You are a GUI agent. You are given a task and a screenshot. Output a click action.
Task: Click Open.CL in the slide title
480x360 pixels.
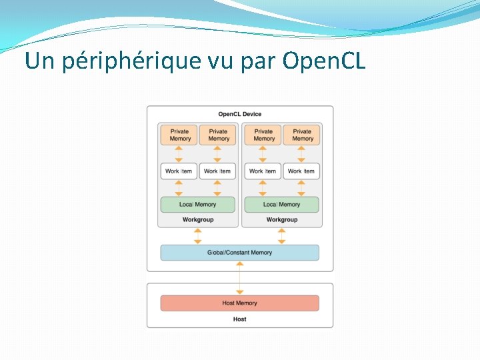click(324, 61)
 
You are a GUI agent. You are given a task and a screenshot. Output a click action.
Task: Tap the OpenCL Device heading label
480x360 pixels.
click(240, 114)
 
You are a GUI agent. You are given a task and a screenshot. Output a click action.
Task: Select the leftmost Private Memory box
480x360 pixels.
click(179, 135)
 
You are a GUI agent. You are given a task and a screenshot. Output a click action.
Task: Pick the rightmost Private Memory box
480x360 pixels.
click(302, 135)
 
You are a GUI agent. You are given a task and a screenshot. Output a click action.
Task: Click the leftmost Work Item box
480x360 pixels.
click(179, 171)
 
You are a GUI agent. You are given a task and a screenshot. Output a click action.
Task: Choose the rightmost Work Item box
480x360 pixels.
click(301, 171)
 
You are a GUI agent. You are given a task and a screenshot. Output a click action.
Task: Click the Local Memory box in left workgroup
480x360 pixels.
click(197, 205)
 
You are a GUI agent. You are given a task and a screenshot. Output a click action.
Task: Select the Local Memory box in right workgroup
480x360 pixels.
click(281, 205)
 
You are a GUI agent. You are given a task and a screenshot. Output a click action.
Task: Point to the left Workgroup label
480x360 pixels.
click(197, 219)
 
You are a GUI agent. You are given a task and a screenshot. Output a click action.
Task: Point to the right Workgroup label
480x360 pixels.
click(281, 219)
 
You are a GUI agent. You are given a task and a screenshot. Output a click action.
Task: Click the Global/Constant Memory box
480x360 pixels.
click(240, 253)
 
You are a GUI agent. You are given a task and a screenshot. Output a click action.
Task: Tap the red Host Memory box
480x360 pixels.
click(240, 303)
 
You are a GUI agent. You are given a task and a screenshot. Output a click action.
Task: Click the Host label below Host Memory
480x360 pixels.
click(240, 319)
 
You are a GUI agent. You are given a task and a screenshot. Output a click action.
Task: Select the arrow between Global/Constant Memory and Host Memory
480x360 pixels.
click(240, 278)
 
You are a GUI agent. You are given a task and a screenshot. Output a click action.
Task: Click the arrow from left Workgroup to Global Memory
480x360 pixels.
click(197, 236)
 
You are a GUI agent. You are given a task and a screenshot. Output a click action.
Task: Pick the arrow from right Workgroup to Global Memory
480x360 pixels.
click(281, 236)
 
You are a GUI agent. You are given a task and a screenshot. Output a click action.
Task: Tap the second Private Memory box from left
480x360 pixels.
click(218, 135)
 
